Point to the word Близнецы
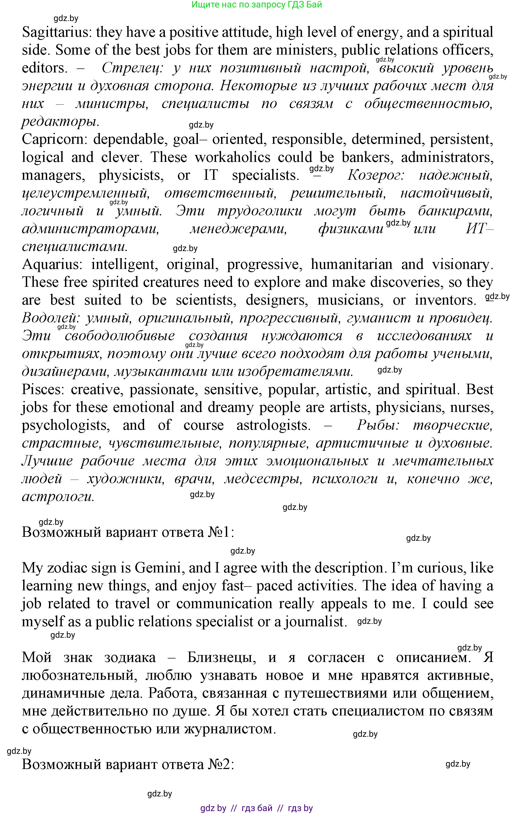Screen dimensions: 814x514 (x=222, y=657)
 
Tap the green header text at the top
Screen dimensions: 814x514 (x=257, y=5)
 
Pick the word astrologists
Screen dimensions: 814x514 (x=273, y=425)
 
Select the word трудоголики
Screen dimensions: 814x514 (x=259, y=211)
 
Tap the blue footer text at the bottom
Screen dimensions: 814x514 (x=257, y=808)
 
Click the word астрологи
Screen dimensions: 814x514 (x=58, y=497)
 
